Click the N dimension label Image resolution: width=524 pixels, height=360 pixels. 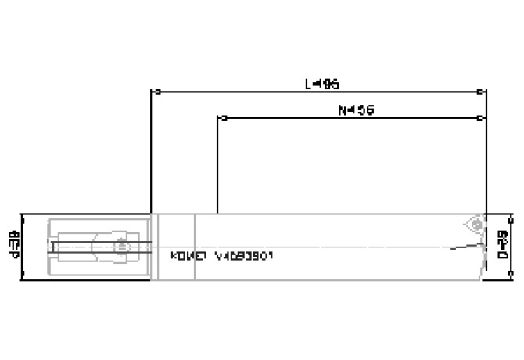pos(356,110)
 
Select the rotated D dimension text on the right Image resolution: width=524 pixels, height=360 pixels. pos(504,246)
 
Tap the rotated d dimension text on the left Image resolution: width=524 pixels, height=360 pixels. pos(14,246)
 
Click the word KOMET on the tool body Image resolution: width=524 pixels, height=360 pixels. pos(188,256)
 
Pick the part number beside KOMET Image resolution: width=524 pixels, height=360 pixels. pos(243,256)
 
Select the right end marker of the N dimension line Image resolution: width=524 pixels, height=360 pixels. pos(481,119)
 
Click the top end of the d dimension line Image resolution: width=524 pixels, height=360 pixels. pos(25,214)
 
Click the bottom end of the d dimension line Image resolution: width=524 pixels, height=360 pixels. pos(25,278)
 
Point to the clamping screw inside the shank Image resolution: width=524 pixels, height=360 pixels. pos(121,247)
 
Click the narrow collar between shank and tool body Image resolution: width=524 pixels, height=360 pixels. pos(155,246)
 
